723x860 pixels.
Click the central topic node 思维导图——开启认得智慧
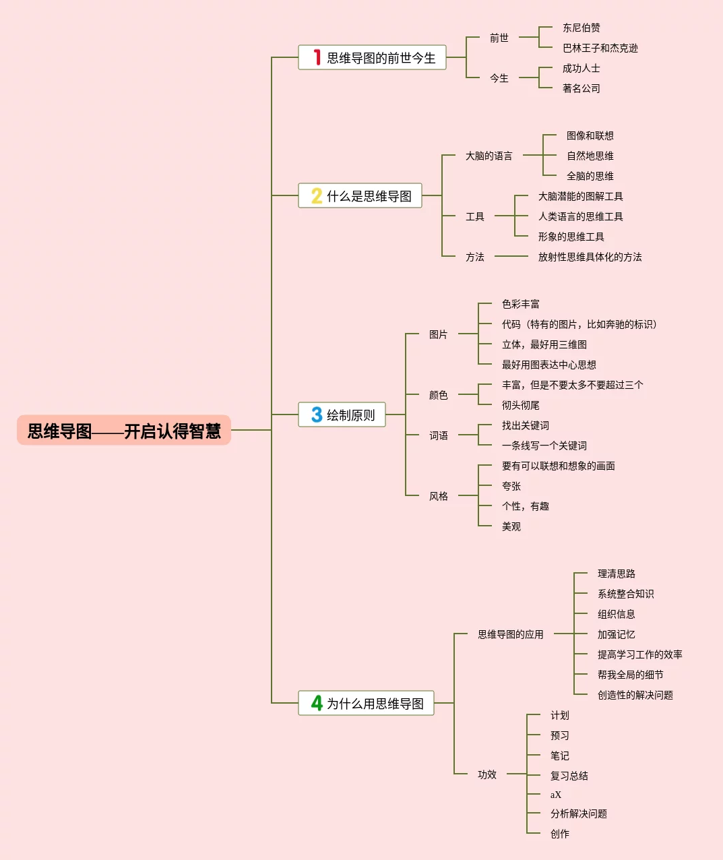tap(124, 430)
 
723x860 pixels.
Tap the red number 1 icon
tap(317, 57)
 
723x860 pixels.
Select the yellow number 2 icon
tap(317, 195)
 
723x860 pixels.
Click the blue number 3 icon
tap(317, 414)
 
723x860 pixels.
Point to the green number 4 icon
tap(317, 703)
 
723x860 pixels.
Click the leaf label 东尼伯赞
tap(581, 28)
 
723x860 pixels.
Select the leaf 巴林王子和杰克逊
tap(600, 49)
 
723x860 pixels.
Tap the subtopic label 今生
tap(499, 78)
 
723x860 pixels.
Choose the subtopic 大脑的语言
tap(489, 156)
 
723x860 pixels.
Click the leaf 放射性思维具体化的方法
tap(590, 257)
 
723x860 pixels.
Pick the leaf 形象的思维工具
tap(571, 237)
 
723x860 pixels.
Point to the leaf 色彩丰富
tap(520, 304)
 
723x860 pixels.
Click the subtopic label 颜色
tap(438, 395)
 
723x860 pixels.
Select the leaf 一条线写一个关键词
tap(544, 446)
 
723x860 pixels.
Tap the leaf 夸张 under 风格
tap(511, 486)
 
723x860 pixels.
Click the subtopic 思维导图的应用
tap(511, 634)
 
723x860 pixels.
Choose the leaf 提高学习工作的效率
tap(640, 654)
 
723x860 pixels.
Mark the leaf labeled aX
tap(555, 795)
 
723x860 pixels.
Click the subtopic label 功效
tap(487, 774)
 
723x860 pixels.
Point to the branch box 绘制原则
tap(342, 414)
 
